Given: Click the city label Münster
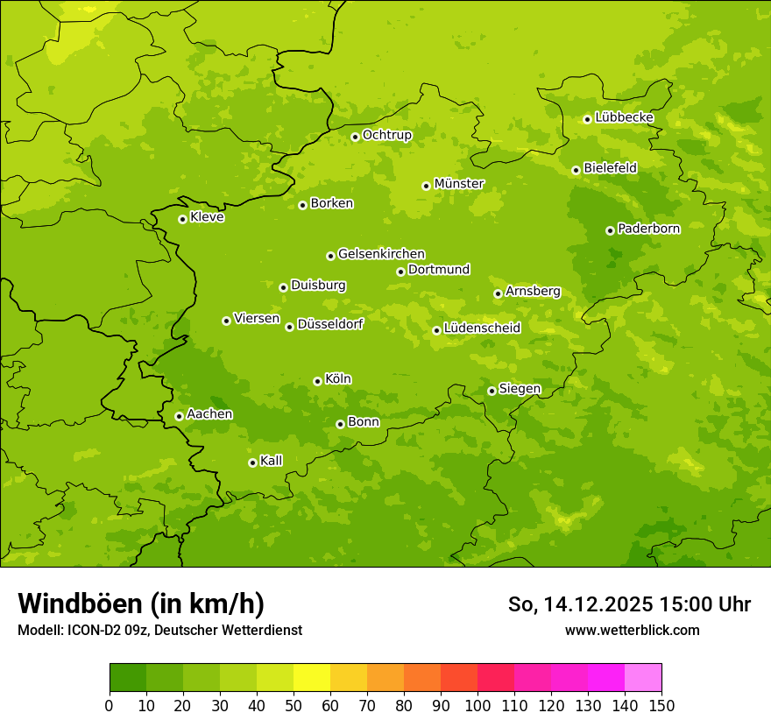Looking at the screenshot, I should [x=459, y=184].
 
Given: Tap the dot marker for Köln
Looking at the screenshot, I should [x=317, y=381].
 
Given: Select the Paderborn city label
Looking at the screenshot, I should [x=649, y=229].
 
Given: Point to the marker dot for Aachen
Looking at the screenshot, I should [x=179, y=416].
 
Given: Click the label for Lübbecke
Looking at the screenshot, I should [x=625, y=117].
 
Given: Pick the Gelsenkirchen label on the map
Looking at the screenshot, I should [x=381, y=254].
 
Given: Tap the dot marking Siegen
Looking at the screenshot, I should [x=492, y=391].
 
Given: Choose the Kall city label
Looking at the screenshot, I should [x=272, y=461].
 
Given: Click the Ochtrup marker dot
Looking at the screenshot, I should [x=355, y=137].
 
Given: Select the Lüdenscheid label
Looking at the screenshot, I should [x=482, y=328].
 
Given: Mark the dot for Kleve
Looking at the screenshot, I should [x=182, y=219].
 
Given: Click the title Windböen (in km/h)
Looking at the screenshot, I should [x=141, y=603].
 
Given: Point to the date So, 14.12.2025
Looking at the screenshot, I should [x=580, y=604].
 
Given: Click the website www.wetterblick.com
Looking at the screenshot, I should [x=632, y=630].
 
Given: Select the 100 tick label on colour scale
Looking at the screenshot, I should [x=477, y=705].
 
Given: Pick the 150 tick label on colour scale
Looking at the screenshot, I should [x=661, y=705].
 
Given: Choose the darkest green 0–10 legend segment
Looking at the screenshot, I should [x=127, y=678].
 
